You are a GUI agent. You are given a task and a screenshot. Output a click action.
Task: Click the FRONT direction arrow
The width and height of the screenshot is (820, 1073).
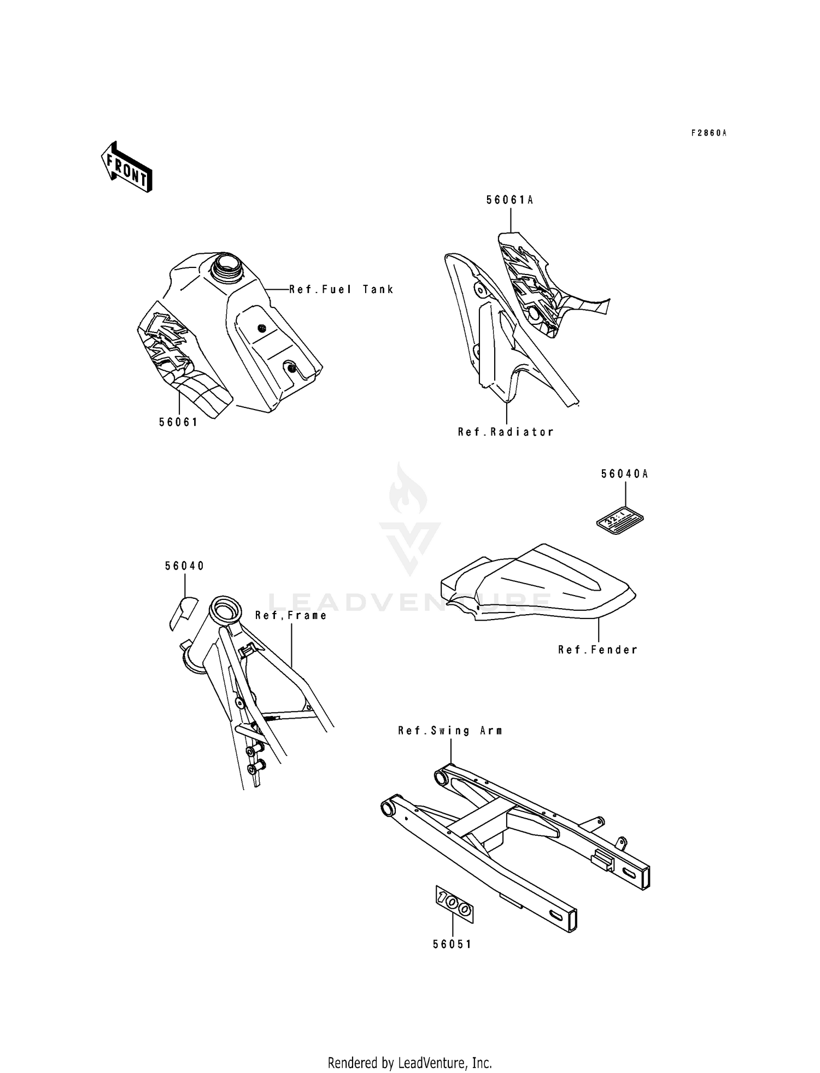[x=126, y=167]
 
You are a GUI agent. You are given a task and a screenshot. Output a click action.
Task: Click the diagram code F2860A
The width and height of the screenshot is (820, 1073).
[x=708, y=133]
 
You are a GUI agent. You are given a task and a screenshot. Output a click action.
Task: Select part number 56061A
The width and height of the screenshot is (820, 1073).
[x=509, y=201]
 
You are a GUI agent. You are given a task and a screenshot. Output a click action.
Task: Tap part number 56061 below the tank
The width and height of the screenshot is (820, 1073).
[x=178, y=422]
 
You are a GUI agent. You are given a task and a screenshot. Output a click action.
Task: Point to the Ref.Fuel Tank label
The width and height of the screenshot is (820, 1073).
[x=341, y=289]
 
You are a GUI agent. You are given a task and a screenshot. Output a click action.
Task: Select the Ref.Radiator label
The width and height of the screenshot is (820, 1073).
[x=506, y=432]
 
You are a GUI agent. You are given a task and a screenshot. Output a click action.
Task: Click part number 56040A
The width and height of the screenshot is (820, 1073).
[x=624, y=474]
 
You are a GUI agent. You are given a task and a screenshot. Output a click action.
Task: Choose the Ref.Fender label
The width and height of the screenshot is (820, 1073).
[x=598, y=650]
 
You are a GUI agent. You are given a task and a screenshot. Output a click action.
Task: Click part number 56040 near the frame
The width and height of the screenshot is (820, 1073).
[x=185, y=566]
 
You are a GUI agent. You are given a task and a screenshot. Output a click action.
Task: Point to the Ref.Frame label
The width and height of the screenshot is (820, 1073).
[x=291, y=615]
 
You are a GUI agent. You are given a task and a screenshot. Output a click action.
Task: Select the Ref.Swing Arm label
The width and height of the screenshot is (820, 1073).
[x=450, y=731]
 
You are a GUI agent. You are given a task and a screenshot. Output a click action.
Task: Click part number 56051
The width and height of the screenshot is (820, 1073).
[x=452, y=944]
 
